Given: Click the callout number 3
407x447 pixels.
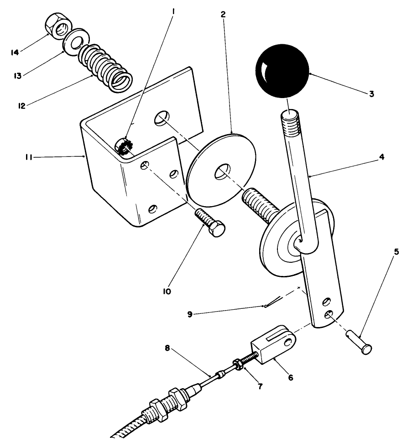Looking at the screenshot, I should [x=372, y=94].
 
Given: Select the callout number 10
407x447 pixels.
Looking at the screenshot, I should [x=167, y=291].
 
